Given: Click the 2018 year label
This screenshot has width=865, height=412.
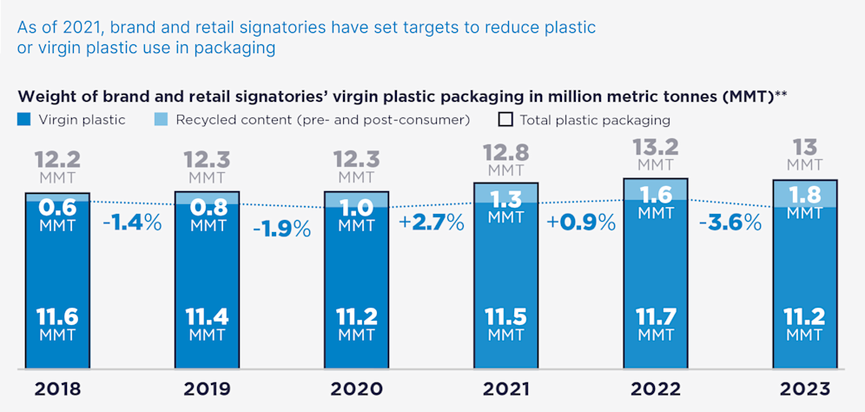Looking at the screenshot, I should coord(57,389).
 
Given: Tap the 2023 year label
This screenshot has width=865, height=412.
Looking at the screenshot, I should coord(805,389).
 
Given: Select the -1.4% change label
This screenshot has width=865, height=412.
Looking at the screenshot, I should coord(131,222).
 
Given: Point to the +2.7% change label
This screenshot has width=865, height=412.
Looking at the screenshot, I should coord(432,222).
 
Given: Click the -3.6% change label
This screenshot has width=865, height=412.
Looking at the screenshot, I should coord(730,222).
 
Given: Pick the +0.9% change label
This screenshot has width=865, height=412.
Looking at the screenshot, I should coord(581,222).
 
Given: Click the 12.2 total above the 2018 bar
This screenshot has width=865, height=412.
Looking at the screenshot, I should coord(57,160).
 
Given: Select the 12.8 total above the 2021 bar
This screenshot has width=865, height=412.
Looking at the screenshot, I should coord(506,153).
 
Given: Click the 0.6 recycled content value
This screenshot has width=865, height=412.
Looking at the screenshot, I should coord(57,208).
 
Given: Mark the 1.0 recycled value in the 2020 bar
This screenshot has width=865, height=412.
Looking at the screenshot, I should coord(356,208).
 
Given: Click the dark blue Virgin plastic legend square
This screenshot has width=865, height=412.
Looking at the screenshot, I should coord(23,119).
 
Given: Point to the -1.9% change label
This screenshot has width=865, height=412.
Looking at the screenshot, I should coord(281,229).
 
